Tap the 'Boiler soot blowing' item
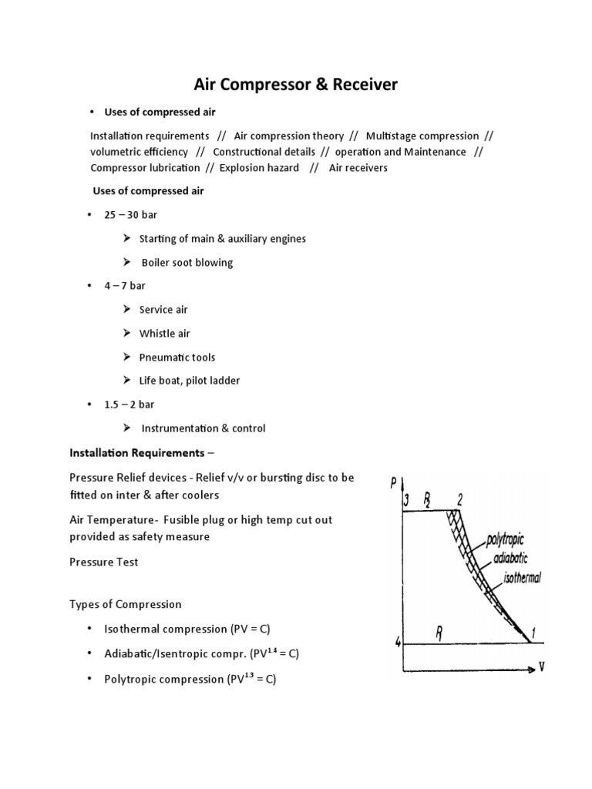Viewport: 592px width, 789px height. coord(187,263)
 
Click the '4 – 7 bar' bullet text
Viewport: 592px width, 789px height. coord(125,286)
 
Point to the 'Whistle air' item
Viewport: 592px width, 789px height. coord(164,334)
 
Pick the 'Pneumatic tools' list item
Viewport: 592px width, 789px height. coord(177,358)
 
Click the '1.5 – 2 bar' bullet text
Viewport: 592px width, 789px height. coord(129,405)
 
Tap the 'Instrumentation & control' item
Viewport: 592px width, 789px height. coord(203,428)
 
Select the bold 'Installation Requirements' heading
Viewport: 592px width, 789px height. coord(137,452)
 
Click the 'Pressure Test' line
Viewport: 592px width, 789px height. coord(104,562)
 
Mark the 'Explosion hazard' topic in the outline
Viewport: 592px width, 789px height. coord(259,168)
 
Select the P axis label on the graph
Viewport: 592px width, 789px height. coord(393,483)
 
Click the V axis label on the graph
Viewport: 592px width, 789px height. coord(541,667)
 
